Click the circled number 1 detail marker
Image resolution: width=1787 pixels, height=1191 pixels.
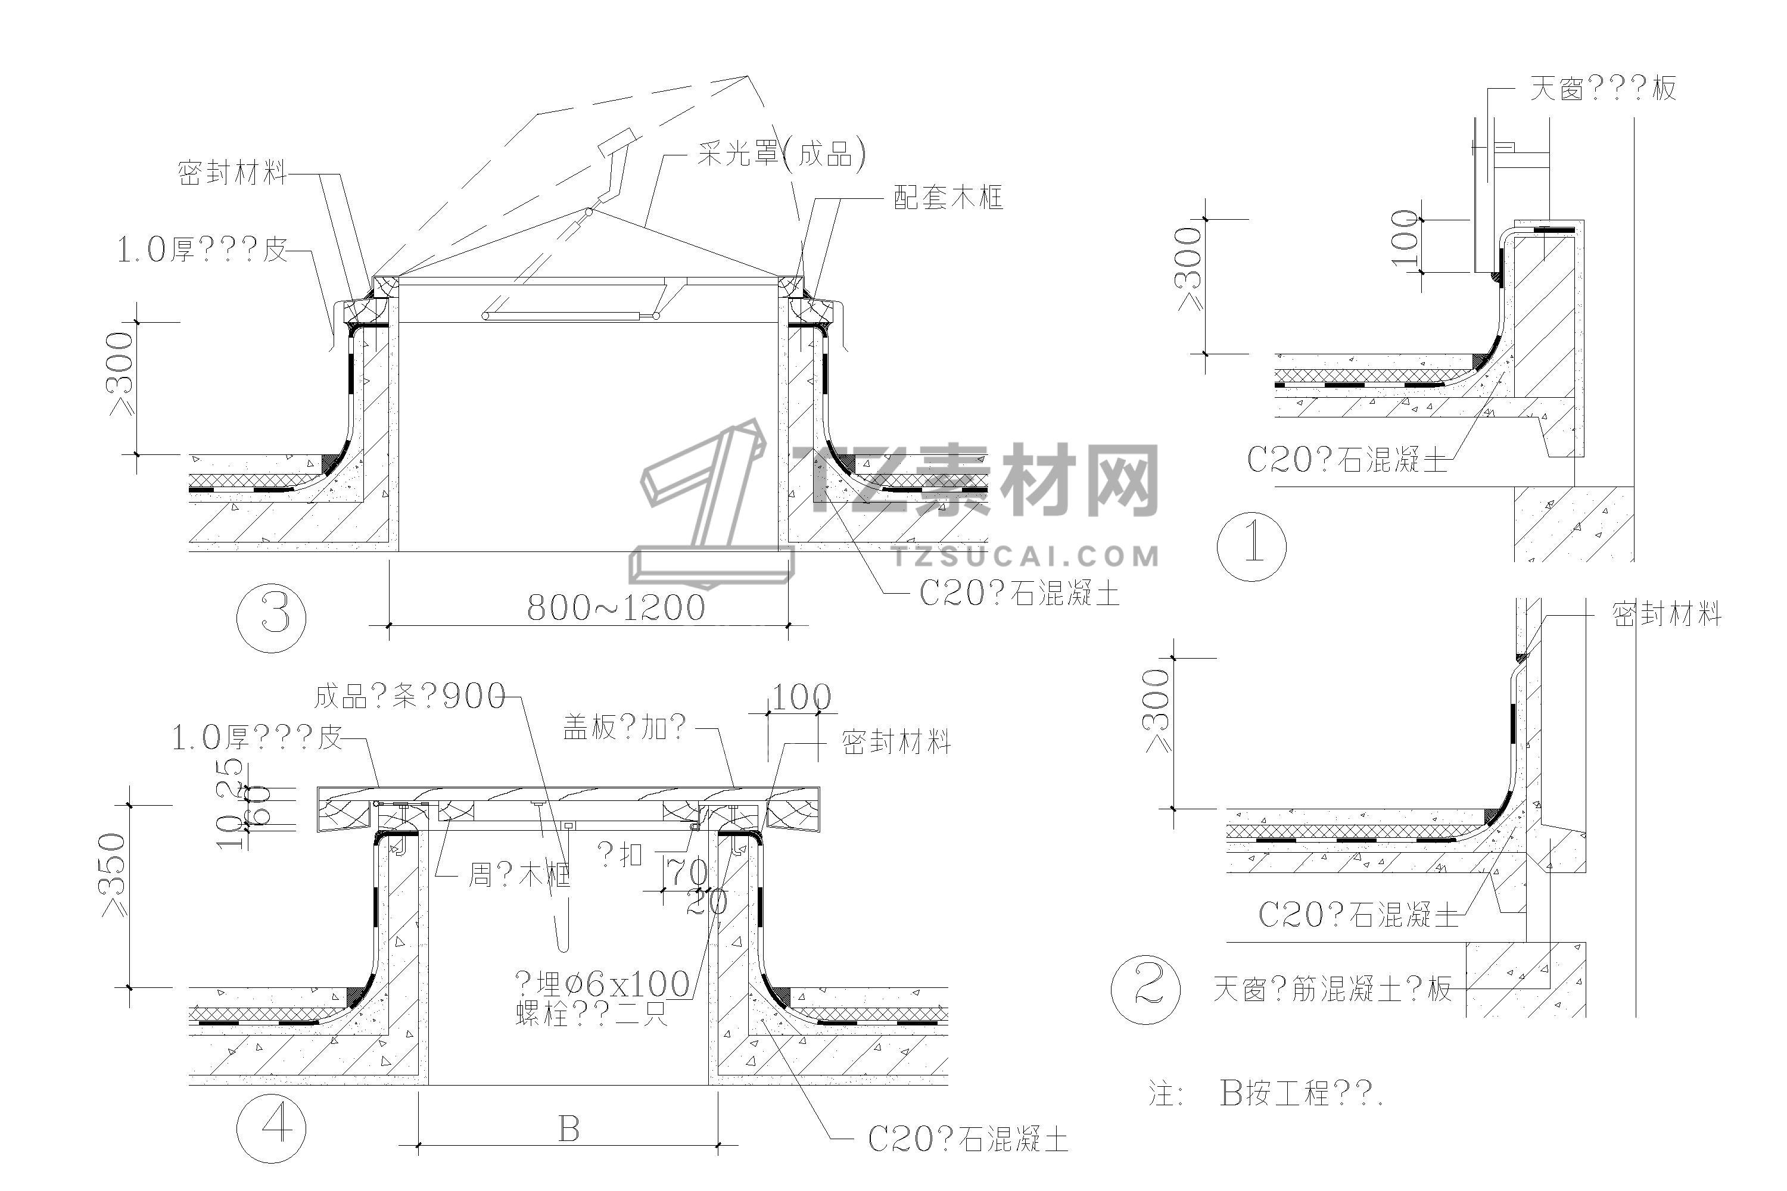(x=1251, y=546)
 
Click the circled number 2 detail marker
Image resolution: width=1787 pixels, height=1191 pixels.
(x=1145, y=989)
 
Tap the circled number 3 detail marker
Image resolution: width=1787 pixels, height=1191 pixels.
(x=271, y=617)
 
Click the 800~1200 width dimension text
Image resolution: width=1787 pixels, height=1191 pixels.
(x=615, y=607)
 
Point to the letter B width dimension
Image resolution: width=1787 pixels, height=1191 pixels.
(x=569, y=1130)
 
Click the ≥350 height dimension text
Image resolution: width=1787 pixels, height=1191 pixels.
(x=114, y=874)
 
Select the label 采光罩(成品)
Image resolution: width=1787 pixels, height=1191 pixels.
(x=781, y=154)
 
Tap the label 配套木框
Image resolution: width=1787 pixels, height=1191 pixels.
(x=948, y=198)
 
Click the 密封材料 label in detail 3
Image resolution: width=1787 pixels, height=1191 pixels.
(x=232, y=173)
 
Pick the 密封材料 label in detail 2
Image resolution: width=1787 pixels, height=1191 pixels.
(x=1666, y=614)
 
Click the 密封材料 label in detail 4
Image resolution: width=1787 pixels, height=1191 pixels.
(x=896, y=742)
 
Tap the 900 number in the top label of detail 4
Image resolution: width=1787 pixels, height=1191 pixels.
(x=474, y=696)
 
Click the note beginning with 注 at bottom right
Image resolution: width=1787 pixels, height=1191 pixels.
(x=1265, y=1094)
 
